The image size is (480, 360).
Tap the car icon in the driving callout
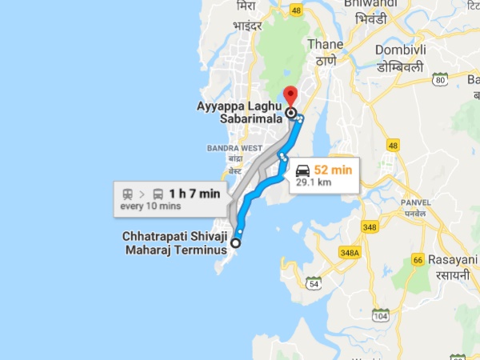[303, 170]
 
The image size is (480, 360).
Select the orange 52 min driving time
[332, 170]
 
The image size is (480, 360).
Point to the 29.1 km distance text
[314, 183]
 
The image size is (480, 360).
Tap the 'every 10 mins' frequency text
[150, 206]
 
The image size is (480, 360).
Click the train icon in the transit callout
[126, 193]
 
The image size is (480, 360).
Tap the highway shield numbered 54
[312, 284]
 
